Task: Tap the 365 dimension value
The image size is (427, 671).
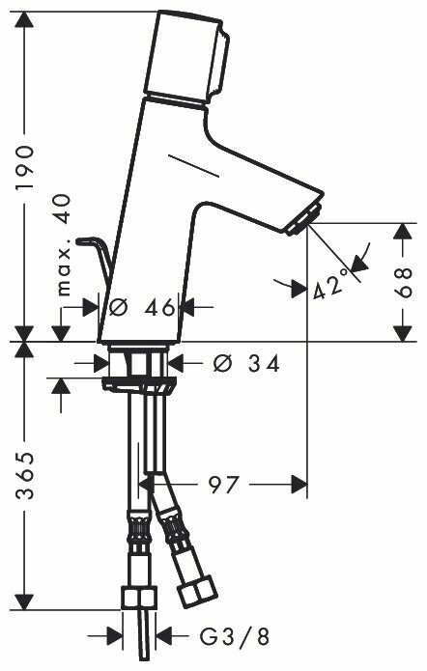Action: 24,475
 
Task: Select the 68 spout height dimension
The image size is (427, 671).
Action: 403,283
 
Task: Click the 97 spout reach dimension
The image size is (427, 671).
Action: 223,485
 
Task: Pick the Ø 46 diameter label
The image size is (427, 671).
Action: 142,307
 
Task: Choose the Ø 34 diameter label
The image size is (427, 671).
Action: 246,364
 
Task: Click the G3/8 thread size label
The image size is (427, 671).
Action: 235,636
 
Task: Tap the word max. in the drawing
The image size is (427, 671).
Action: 64,271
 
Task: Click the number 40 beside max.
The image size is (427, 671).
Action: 63,210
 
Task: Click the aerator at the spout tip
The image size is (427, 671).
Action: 304,218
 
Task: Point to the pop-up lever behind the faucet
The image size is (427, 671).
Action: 95,256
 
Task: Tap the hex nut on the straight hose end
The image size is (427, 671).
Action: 139,598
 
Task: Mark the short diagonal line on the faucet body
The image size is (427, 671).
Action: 194,165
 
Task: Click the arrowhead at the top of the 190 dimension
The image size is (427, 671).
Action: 24,20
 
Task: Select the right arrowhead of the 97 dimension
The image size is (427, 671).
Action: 299,485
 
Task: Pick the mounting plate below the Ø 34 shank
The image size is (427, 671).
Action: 139,383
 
